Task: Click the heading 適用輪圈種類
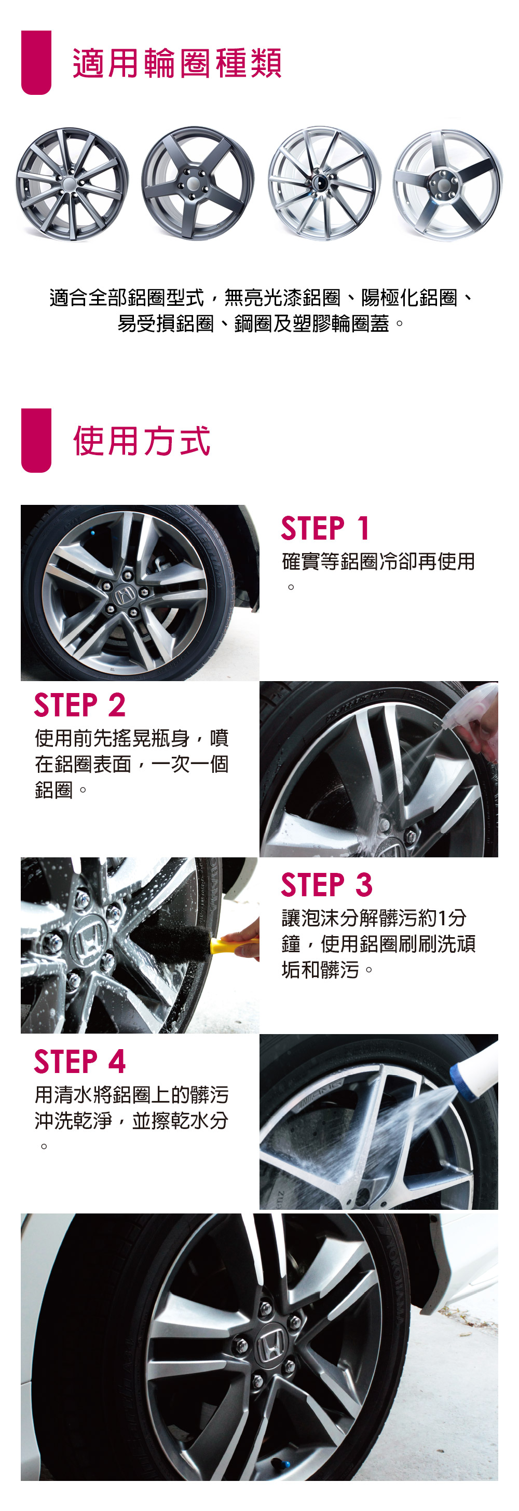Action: tap(176, 63)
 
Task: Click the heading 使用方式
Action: tap(142, 441)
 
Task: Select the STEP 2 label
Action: tap(79, 704)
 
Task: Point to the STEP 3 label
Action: tap(326, 884)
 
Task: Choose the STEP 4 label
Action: tap(80, 1061)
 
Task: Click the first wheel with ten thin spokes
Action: tap(72, 184)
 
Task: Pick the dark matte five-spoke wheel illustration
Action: tap(198, 183)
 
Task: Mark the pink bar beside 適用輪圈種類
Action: tap(36, 62)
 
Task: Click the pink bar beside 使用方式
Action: tap(36, 440)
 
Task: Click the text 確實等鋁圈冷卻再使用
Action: tap(378, 562)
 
